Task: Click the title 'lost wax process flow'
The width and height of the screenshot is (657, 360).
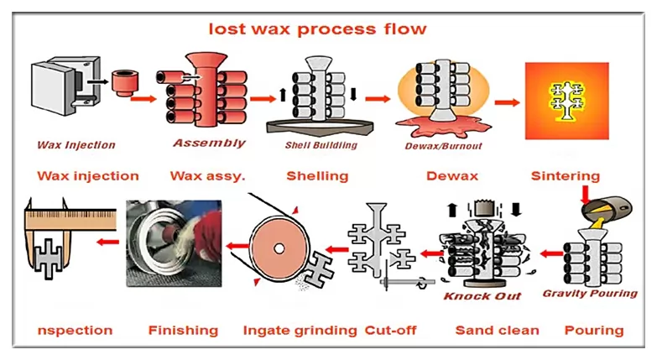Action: tap(317, 29)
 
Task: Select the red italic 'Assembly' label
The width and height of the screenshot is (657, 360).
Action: tap(209, 143)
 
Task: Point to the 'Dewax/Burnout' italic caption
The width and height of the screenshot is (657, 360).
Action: tap(440, 145)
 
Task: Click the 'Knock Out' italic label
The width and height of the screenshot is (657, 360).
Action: tap(482, 296)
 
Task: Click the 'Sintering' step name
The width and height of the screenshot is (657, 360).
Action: tap(565, 176)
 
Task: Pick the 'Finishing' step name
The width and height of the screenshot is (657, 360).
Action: tap(182, 330)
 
